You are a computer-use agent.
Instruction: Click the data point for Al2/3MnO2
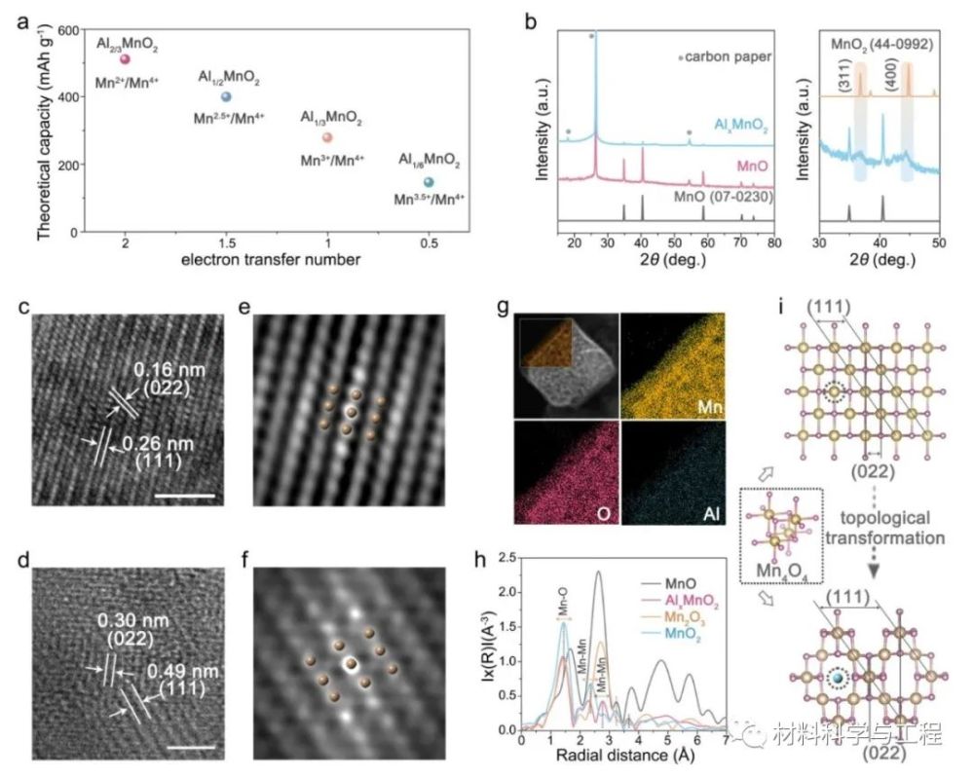125,60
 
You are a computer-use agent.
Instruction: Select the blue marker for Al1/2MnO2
226,96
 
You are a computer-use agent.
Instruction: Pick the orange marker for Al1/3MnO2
327,138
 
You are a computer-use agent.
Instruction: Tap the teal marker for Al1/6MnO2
429,182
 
